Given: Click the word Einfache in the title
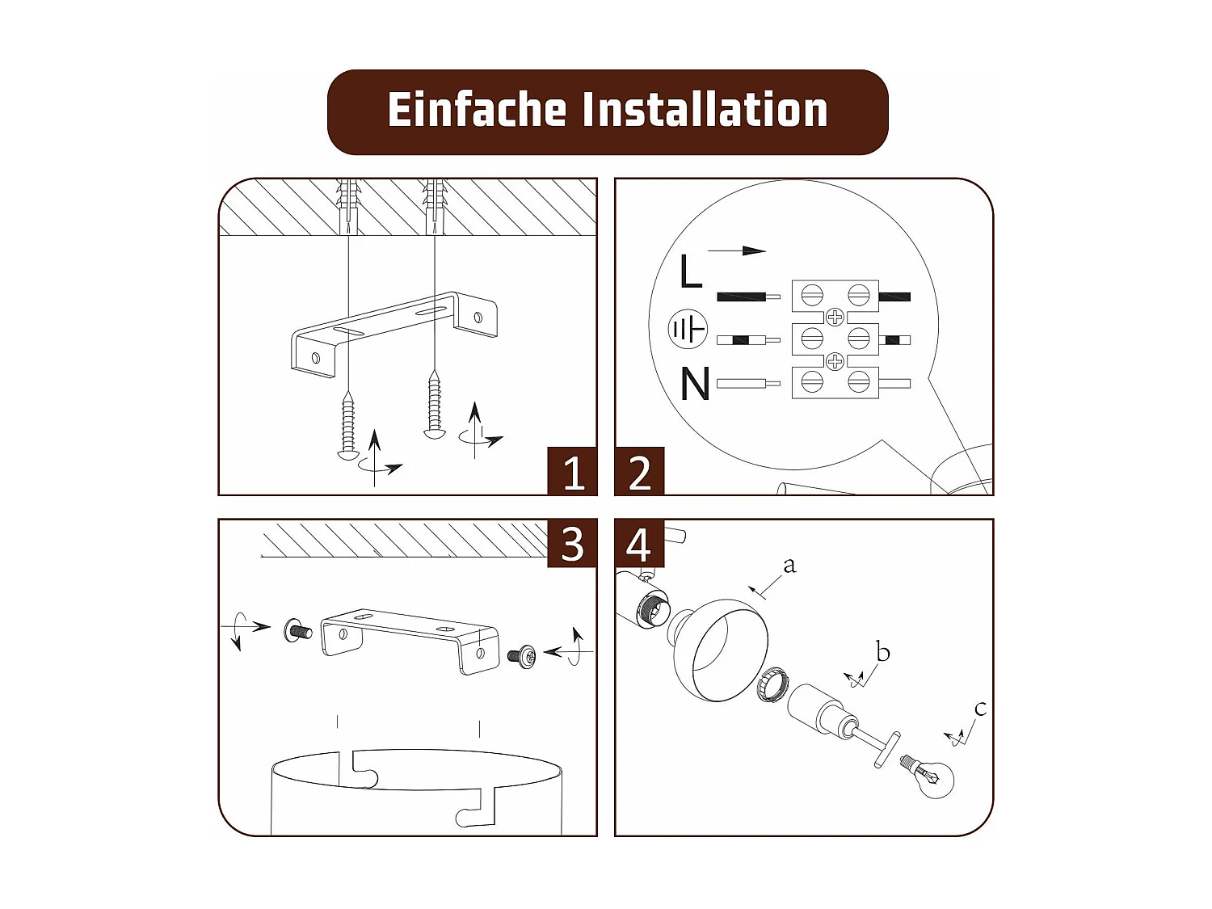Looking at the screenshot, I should coord(476,110).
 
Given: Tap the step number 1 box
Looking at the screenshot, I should coord(572,471).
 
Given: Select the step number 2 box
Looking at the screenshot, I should coord(639,471).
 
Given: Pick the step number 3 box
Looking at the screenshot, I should coord(572,544).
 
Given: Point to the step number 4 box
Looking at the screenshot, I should coord(639,544).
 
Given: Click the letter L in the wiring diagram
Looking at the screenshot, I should coord(690,271).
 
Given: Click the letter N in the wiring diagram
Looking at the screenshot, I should coord(695,384).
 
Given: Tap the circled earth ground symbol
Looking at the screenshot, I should coord(688,329).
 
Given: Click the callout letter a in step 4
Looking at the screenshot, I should coord(789,565).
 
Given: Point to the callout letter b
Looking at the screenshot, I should coord(882,651).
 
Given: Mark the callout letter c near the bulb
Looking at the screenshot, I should coord(980,709).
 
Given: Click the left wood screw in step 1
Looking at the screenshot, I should coord(348,426).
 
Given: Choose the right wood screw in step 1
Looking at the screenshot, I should coord(435,406).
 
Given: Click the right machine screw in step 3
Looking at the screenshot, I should coord(522,656).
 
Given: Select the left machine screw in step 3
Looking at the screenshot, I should coord(297,630).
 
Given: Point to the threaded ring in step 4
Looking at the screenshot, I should coord(773,685).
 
